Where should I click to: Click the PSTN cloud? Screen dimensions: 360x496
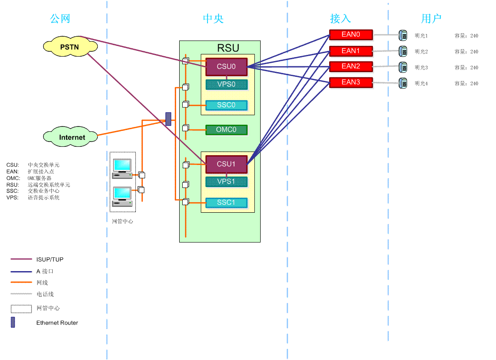coord(70,46)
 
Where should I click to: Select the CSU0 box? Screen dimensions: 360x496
coord(226,67)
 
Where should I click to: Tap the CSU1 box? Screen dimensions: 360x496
coord(226,164)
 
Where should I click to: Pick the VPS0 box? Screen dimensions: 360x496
coord(226,84)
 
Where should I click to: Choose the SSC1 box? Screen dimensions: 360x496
coord(226,203)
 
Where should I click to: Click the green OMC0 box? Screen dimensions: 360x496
coord(226,130)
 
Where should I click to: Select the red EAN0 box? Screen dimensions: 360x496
coord(351,34)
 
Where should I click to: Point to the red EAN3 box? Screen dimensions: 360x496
coord(351,82)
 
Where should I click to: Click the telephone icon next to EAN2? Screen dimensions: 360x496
coord(403,67)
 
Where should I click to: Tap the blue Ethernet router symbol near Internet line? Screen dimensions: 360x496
coord(168,119)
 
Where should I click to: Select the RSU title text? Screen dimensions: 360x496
coord(228,48)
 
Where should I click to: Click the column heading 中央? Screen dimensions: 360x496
coord(213,19)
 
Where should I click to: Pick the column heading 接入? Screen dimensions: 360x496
coord(340,19)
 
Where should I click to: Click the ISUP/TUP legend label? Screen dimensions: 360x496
coord(50,260)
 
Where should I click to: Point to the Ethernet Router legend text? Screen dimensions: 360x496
coord(57,323)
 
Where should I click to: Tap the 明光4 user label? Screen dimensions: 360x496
coord(421,84)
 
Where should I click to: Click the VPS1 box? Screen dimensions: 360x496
coord(226,181)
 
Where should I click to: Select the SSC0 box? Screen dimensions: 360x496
coord(226,105)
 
